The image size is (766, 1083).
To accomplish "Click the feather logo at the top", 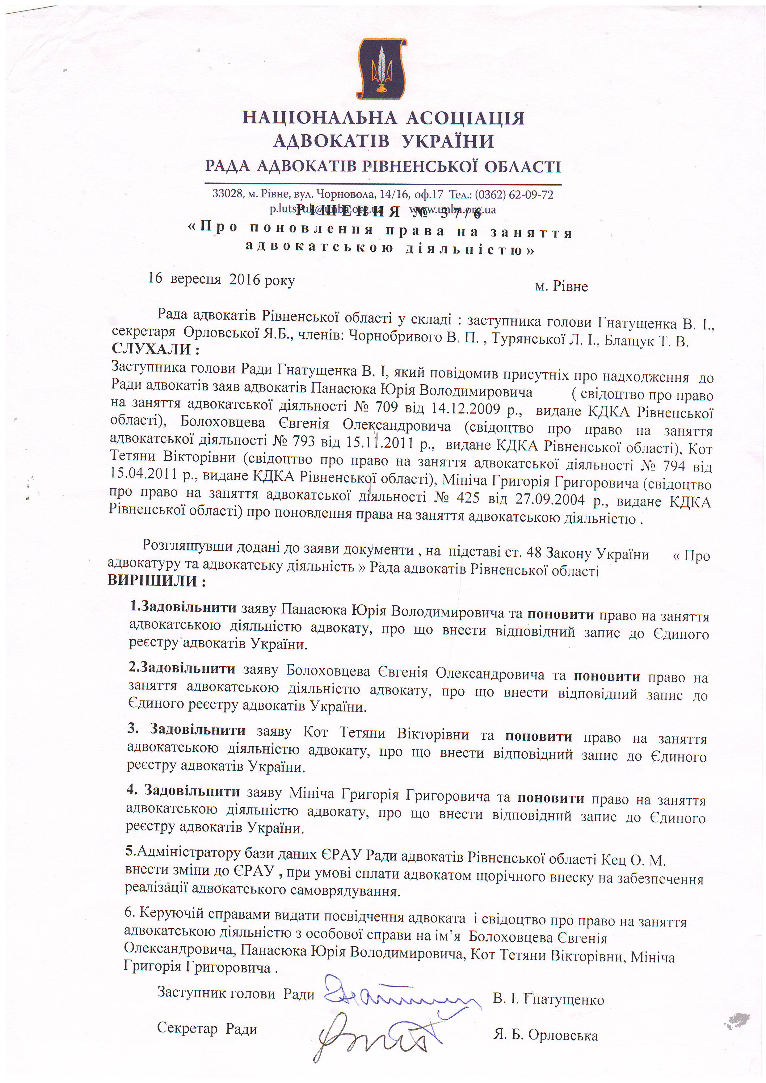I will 382,69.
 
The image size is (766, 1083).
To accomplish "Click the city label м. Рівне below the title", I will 561,286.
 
